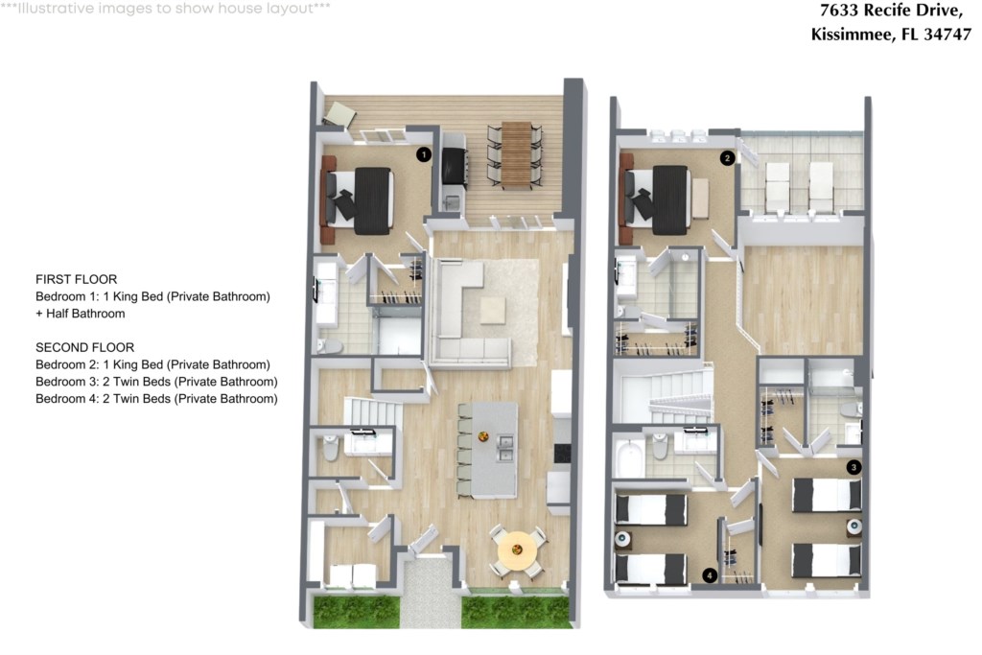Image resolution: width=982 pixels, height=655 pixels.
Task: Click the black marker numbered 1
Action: (424, 154)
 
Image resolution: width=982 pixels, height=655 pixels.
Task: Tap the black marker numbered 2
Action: (727, 158)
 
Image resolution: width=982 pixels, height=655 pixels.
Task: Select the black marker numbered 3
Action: (853, 467)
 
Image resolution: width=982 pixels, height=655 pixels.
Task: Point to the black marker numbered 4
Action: (710, 574)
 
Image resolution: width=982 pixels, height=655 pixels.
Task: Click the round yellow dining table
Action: (517, 550)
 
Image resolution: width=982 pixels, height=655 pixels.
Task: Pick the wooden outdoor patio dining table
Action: (516, 154)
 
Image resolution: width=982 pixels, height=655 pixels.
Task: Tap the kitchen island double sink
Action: (504, 448)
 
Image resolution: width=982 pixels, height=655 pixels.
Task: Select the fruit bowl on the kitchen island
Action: (483, 435)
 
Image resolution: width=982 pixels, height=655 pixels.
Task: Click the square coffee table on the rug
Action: (493, 310)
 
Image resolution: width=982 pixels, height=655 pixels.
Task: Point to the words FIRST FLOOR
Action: (77, 279)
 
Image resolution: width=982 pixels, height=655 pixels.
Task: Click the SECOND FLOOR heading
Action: (85, 347)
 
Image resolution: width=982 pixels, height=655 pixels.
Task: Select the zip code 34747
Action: (947, 35)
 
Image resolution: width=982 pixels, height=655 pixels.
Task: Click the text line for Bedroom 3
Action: (156, 382)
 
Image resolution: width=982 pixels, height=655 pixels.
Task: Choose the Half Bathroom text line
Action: (81, 313)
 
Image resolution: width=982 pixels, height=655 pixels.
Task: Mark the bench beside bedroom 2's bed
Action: (700, 199)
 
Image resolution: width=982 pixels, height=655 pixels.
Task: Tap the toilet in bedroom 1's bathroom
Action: (330, 345)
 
